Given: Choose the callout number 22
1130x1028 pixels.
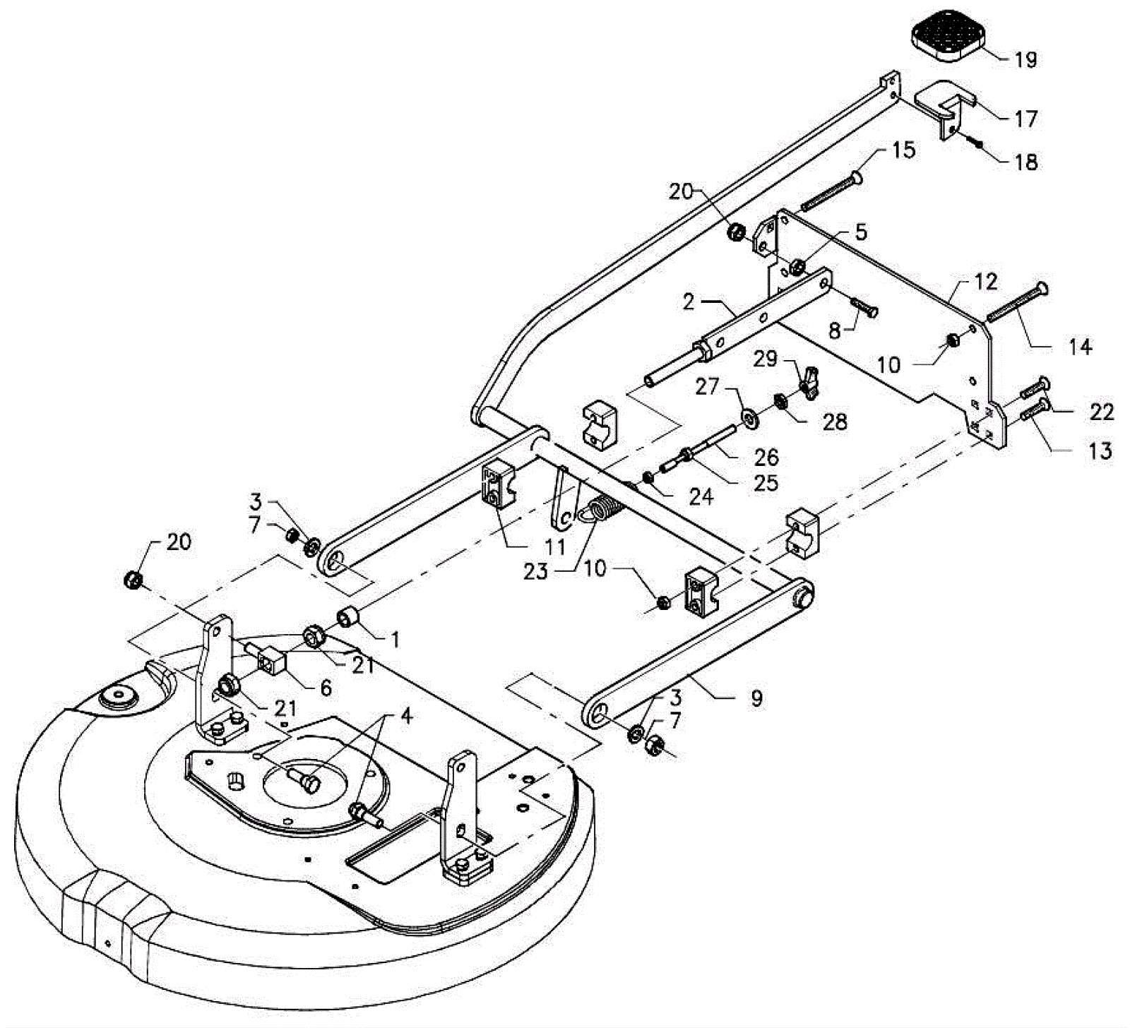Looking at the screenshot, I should pos(1100,411).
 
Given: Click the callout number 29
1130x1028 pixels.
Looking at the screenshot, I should pos(765,359).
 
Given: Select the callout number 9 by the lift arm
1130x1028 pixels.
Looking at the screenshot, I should pos(756,699).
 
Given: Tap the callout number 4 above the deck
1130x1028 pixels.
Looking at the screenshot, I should pos(405,716).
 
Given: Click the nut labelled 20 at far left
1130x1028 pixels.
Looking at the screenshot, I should pos(133,580).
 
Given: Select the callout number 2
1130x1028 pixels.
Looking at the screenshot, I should pos(689,302).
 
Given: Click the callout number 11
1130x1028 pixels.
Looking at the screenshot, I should pos(556,547).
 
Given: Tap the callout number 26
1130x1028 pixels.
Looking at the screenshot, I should pos(766,458).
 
